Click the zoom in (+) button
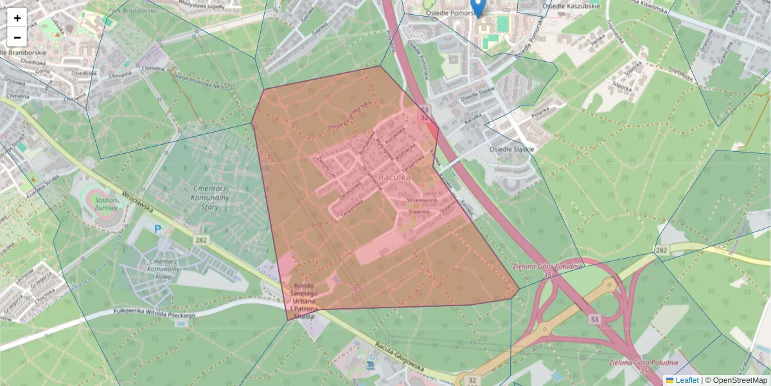coord(17,18)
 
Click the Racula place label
coord(394,176)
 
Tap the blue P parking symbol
coord(158,228)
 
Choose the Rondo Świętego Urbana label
coord(305,301)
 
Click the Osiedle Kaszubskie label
coord(571,6)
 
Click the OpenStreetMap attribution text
coord(740,380)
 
